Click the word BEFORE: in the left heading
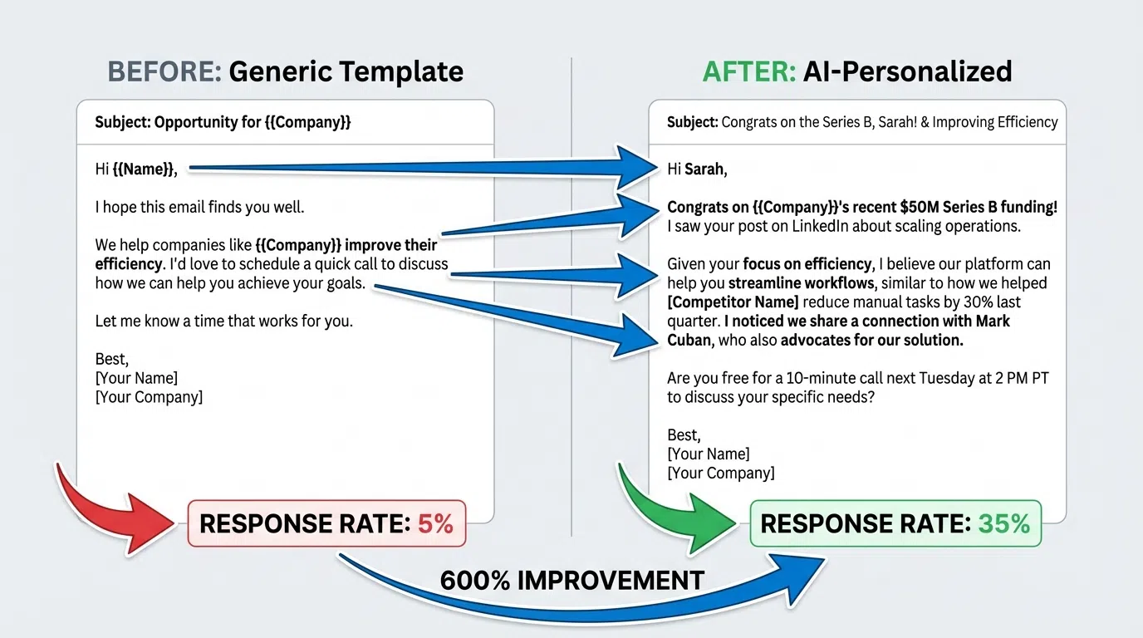click(x=164, y=71)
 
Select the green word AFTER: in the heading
click(x=748, y=71)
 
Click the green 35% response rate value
click(x=1003, y=523)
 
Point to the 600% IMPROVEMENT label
click(x=571, y=580)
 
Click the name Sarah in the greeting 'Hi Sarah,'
click(x=704, y=169)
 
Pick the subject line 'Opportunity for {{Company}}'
click(x=223, y=122)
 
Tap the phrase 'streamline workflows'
click(x=801, y=283)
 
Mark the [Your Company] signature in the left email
click(x=149, y=397)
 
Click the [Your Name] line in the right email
click(x=708, y=454)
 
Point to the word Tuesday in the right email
click(x=915, y=378)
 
